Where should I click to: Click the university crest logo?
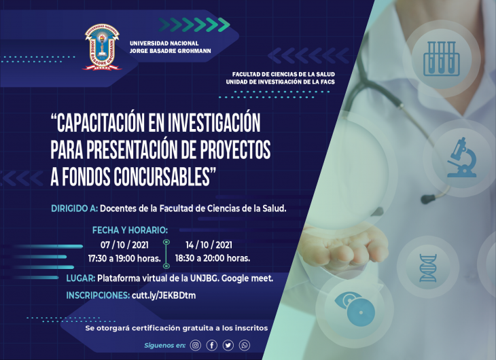[102, 47]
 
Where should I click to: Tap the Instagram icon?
[196, 345]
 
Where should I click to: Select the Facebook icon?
[211, 345]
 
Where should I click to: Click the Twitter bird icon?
[228, 345]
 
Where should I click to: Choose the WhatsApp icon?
[245, 345]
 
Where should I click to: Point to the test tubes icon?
[442, 58]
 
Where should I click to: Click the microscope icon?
[461, 157]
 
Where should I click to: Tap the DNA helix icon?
[428, 268]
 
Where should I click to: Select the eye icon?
[355, 309]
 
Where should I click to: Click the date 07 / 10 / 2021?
[124, 245]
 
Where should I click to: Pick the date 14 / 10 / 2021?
[209, 245]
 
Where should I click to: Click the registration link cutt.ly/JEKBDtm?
[164, 295]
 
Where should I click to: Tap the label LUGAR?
[81, 278]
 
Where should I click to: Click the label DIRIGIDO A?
[75, 209]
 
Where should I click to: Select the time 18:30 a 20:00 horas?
[213, 258]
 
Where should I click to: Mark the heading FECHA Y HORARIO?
[130, 230]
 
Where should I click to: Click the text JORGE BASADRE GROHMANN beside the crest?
[170, 51]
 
